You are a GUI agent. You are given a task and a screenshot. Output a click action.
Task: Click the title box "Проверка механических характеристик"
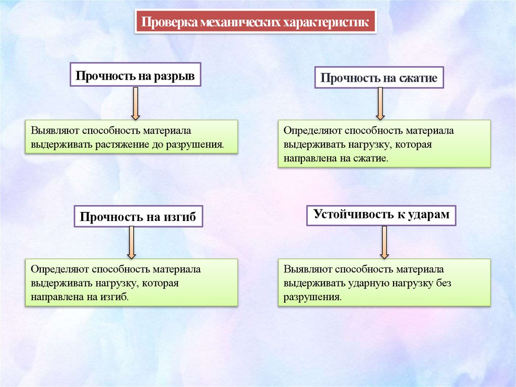pos(255,22)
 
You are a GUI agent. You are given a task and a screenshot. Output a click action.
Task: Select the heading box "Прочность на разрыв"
pos(135,75)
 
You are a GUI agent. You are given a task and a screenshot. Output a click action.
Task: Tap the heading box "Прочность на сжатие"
pos(379,79)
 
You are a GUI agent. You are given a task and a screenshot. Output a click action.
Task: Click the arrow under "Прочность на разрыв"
pos(135,103)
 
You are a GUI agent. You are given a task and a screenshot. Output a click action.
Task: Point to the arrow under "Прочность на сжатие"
pos(379,103)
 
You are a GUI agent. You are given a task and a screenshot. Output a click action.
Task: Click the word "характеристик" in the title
pos(327,23)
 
